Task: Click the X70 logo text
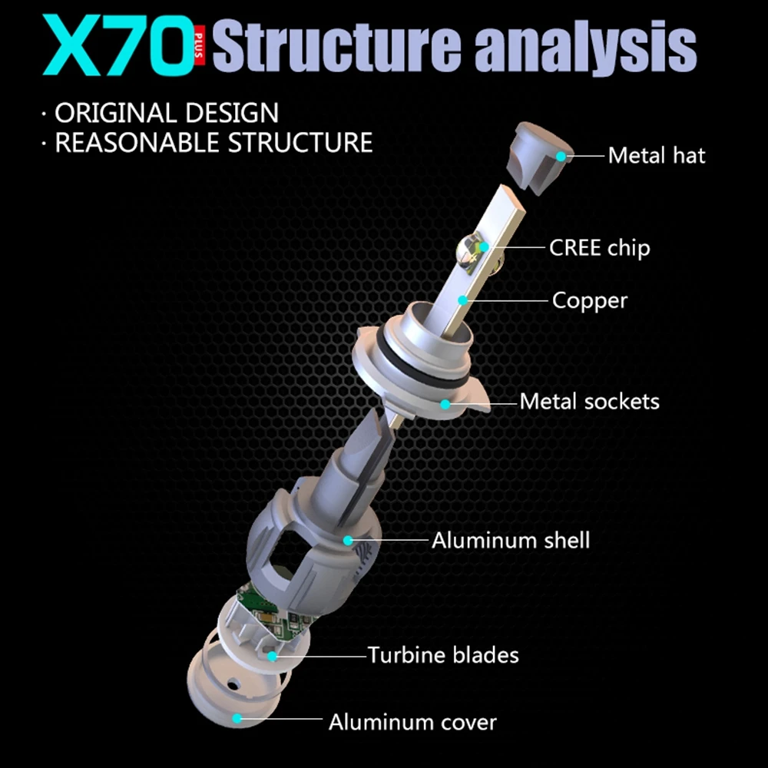pos(118,45)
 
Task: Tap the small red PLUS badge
pos(199,45)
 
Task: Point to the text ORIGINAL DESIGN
pos(167,113)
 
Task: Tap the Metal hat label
pos(657,156)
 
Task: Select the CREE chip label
pos(600,248)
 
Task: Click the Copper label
pos(590,301)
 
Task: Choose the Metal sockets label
pos(589,402)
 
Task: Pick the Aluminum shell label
pos(511,541)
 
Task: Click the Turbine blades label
pos(443,655)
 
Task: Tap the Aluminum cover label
pos(412,723)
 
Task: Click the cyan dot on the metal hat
pos(561,156)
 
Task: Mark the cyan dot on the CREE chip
pos(484,247)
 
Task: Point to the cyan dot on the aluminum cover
pos(237,719)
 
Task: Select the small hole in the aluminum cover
pos(233,682)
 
